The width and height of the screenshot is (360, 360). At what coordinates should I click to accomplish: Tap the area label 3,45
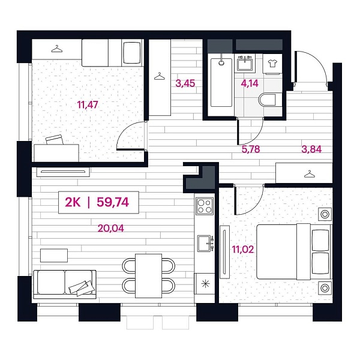click(184, 83)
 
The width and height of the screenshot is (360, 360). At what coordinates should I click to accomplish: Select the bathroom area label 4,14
click(249, 83)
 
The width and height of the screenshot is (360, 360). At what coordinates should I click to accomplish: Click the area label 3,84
click(311, 150)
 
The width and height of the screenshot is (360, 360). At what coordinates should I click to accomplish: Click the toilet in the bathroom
click(269, 100)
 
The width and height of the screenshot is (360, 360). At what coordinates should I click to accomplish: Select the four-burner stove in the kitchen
click(205, 206)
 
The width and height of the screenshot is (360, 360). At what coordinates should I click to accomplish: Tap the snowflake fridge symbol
click(205, 283)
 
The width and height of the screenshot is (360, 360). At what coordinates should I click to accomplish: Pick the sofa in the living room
click(65, 284)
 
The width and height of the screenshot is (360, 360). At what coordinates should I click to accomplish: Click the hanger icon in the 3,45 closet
click(159, 76)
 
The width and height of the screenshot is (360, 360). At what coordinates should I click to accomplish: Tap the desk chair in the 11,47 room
click(53, 140)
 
